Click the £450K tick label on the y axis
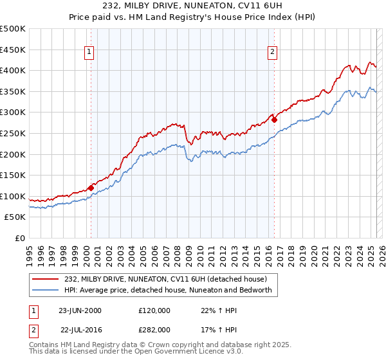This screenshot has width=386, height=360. click(13, 50)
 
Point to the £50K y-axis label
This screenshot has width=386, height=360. click(15, 217)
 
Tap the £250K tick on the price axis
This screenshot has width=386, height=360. click(13, 133)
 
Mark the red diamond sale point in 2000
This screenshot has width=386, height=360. click(91, 187)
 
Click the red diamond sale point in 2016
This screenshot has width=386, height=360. click(275, 119)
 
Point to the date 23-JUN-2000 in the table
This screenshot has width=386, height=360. click(80, 310)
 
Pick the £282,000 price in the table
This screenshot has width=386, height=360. click(154, 328)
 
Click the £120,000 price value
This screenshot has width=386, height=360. click(154, 310)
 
